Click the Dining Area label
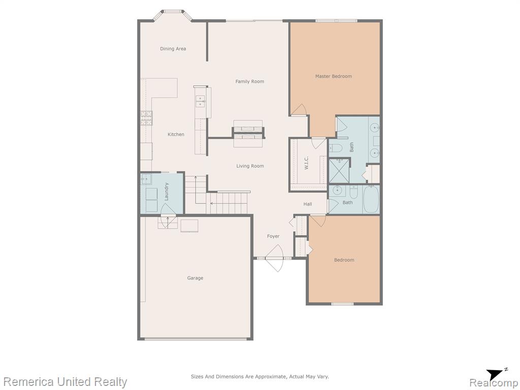point(173,49)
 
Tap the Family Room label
point(250,81)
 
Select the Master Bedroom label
point(333,76)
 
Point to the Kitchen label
point(176,134)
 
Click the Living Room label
point(250,166)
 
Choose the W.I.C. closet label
point(306,163)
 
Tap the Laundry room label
point(167,191)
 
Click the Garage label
point(195,278)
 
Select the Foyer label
point(273,236)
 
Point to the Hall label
point(307,204)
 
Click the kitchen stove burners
point(146,118)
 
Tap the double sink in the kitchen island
point(200,102)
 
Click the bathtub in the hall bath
point(371,199)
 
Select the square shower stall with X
point(339,171)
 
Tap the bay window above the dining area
point(173,15)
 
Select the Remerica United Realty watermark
point(66,382)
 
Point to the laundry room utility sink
point(146,180)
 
